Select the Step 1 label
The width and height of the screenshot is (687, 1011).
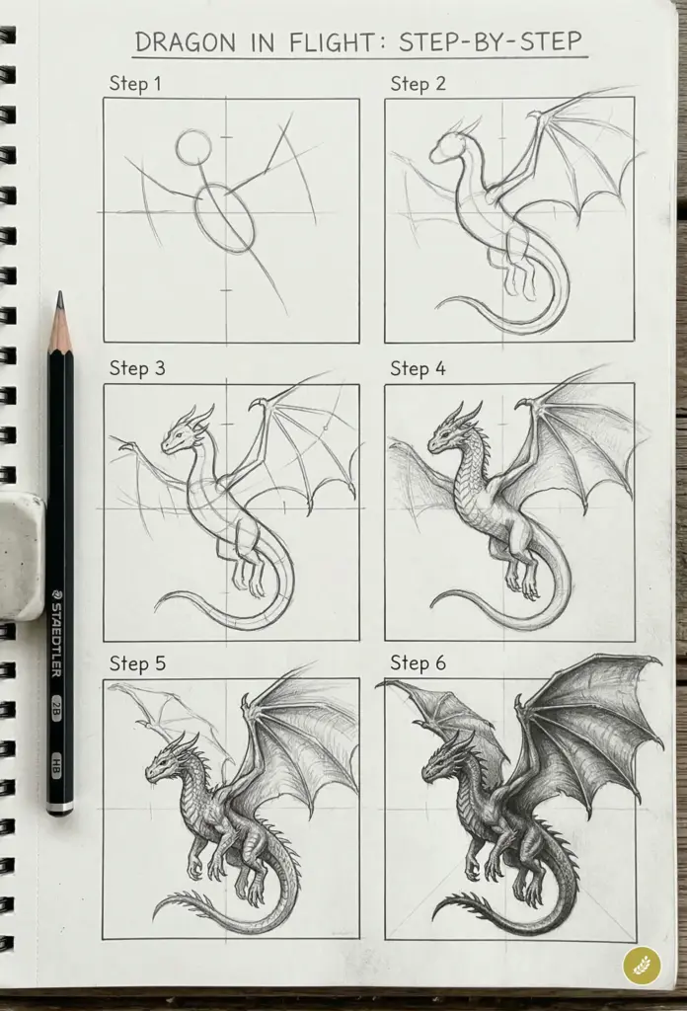tap(135, 85)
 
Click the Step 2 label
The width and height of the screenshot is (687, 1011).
tap(418, 85)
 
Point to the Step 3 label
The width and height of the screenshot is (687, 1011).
tap(136, 369)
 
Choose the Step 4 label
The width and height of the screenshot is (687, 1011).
tap(418, 369)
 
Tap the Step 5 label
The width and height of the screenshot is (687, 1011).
tap(136, 663)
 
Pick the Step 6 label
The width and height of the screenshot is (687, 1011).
tap(418, 663)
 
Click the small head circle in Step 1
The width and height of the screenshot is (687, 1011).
tap(193, 148)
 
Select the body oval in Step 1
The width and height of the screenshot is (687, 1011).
tap(224, 218)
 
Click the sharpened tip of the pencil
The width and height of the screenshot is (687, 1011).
tap(60, 298)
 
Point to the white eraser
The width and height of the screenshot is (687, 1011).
tap(20, 556)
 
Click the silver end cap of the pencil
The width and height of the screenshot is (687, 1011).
tap(60, 807)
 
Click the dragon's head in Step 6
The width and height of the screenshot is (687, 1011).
tap(441, 762)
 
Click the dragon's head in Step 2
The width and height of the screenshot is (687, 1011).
tap(446, 148)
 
